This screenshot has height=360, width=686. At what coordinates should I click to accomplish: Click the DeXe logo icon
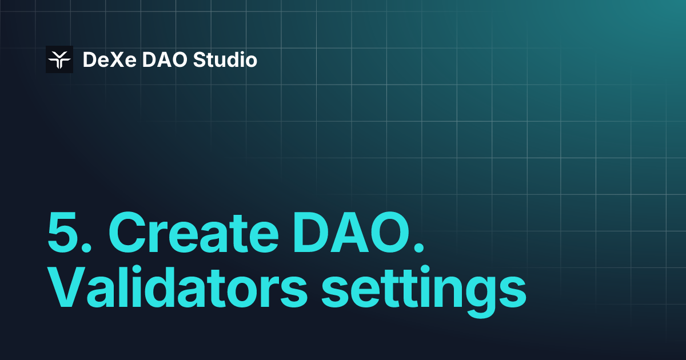59,59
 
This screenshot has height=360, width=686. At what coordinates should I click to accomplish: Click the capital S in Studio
199,59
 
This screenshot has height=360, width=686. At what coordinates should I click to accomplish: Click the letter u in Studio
220,61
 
